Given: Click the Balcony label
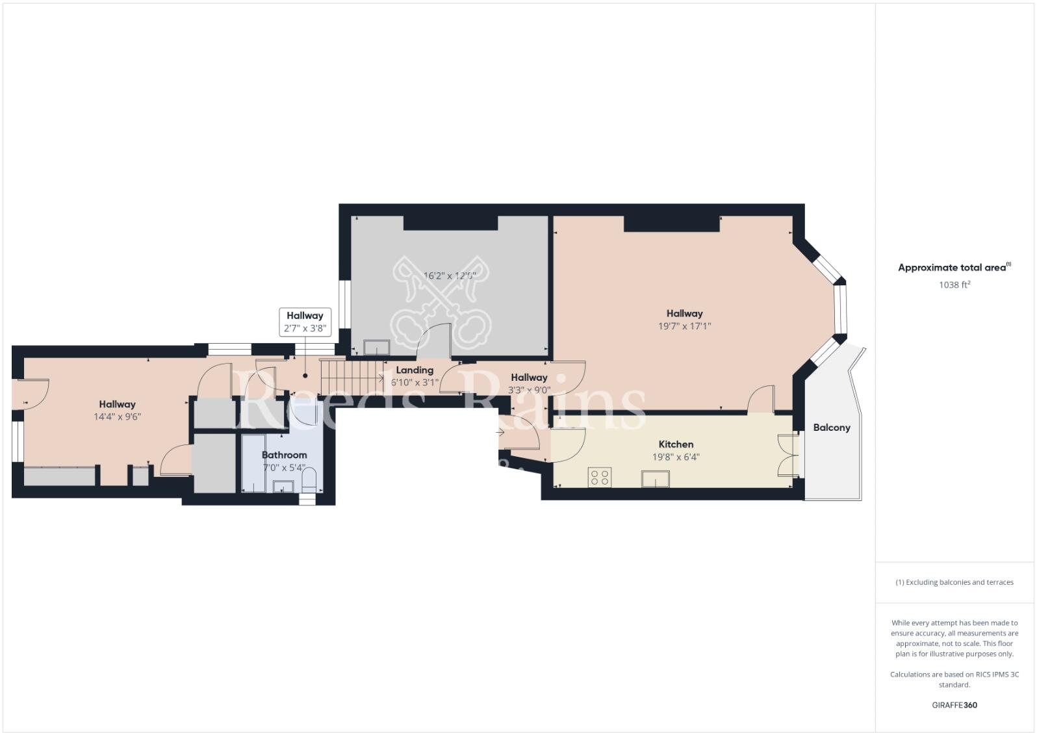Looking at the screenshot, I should pyautogui.click(x=832, y=428).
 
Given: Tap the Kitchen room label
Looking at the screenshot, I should pyautogui.click(x=676, y=444).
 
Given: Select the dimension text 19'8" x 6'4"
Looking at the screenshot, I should pyautogui.click(x=676, y=457).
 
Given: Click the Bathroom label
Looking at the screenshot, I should pyautogui.click(x=284, y=455).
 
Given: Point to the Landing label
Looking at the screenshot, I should pyautogui.click(x=415, y=370).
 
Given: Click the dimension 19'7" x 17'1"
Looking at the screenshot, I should pyautogui.click(x=684, y=326).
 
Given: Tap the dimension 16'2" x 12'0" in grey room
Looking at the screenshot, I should pyautogui.click(x=450, y=276).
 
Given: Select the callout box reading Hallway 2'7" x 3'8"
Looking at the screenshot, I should pyautogui.click(x=305, y=322).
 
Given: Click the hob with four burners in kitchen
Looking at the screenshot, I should pyautogui.click(x=598, y=478).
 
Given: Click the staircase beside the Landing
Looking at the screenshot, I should pyautogui.click(x=352, y=377).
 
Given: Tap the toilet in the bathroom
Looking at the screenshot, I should pyautogui.click(x=309, y=480).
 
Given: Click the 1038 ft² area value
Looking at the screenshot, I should pyautogui.click(x=954, y=285).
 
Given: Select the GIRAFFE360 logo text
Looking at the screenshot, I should pyautogui.click(x=954, y=705).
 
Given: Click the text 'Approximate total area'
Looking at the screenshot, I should pyautogui.click(x=953, y=268).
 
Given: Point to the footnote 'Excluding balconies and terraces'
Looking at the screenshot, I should pyautogui.click(x=954, y=582).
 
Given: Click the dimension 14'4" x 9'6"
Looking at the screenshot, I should pyautogui.click(x=117, y=417).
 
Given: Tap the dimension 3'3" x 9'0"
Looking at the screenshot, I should pyautogui.click(x=529, y=391).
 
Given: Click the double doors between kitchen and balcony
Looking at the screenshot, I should pyautogui.click(x=789, y=456).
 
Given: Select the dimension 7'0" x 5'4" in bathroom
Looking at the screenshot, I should pyautogui.click(x=284, y=467).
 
